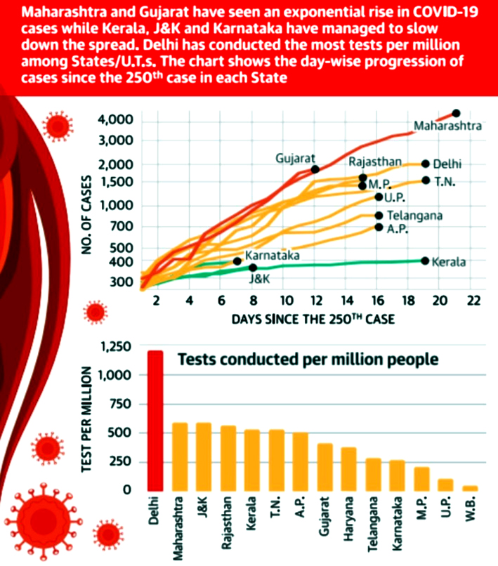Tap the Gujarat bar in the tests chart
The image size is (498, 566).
325,466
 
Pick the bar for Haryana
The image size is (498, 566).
349,468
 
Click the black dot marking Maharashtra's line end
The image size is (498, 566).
456,113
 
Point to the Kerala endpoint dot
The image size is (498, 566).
425,261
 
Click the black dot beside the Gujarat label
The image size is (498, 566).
315,169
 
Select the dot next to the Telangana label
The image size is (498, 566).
379,216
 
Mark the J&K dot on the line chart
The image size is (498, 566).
253,268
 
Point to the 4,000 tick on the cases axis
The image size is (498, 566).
116,120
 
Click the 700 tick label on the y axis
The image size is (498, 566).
122,226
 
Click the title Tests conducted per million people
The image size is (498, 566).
308,359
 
